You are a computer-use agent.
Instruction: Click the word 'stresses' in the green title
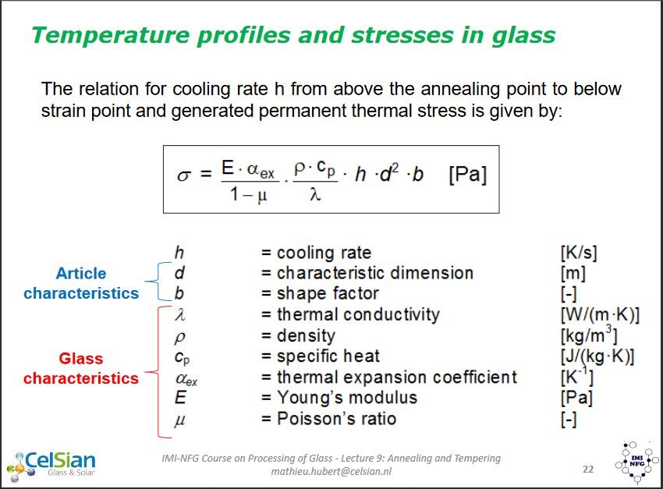(x=402, y=35)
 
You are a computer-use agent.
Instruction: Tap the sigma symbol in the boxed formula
(x=184, y=175)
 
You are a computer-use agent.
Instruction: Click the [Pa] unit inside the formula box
(x=468, y=175)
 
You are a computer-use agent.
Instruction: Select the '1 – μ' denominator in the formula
(x=249, y=195)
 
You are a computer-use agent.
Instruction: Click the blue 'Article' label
(x=81, y=274)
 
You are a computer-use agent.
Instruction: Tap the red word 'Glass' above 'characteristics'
(x=81, y=359)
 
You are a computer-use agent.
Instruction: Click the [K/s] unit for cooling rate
(x=579, y=253)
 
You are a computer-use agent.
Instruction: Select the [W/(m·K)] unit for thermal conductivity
(x=600, y=315)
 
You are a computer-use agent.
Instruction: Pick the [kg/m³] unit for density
(x=589, y=335)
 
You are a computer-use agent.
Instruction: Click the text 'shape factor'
(x=328, y=293)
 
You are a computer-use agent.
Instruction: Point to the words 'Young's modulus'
(x=347, y=398)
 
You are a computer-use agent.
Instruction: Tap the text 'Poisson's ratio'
(x=337, y=418)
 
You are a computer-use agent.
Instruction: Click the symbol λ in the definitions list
(x=180, y=314)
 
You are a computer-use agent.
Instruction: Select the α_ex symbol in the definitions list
(x=186, y=378)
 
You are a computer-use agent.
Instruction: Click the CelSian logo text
(x=60, y=460)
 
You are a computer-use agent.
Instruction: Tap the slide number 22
(x=588, y=470)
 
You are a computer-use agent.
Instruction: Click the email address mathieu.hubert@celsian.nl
(x=331, y=471)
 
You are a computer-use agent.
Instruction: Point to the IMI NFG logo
(x=636, y=462)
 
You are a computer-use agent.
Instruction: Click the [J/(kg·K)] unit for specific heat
(x=597, y=356)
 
